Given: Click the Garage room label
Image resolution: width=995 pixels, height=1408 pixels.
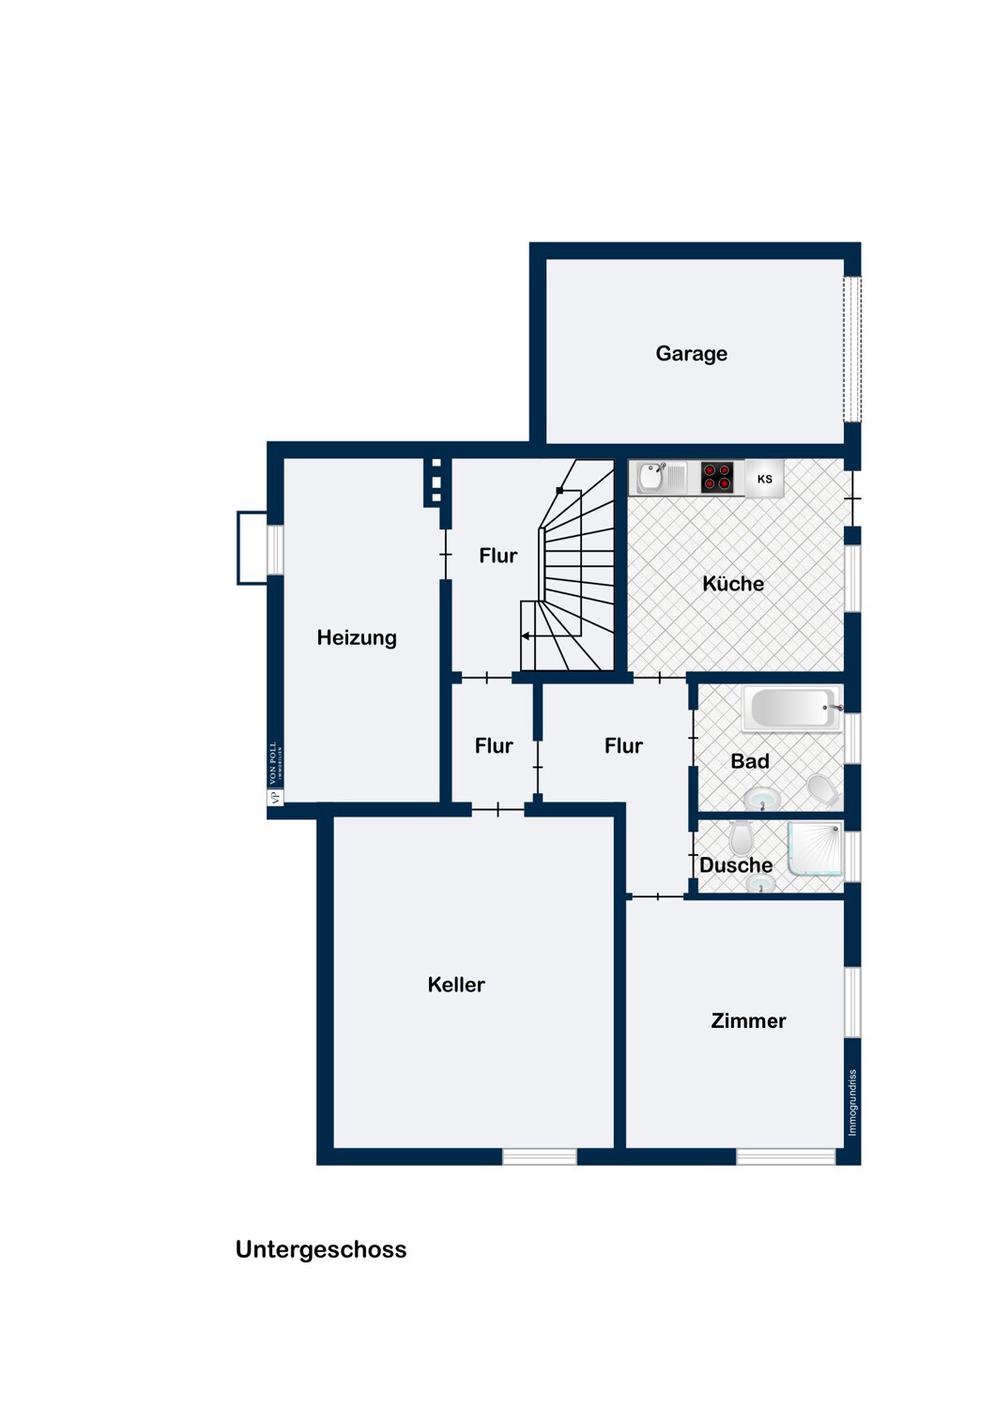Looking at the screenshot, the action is click(x=691, y=353).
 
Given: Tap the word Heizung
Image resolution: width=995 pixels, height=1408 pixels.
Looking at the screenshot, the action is click(x=357, y=638).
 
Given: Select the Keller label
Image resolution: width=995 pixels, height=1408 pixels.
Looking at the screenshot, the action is click(x=455, y=985).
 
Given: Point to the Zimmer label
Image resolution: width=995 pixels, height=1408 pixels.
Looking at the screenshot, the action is click(x=748, y=1021).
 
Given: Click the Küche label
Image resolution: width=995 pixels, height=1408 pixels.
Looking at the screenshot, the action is click(x=733, y=583).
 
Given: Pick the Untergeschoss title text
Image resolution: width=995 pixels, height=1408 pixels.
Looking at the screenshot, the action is click(x=321, y=1249).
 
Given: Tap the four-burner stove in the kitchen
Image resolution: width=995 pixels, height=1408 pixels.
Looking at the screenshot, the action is click(x=717, y=477).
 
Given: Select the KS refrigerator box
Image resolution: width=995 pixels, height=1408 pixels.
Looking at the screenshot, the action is click(x=764, y=479).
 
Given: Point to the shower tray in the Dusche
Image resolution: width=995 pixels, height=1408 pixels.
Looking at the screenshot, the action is click(x=815, y=848).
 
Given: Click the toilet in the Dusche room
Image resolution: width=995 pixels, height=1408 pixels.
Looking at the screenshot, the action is click(x=742, y=837).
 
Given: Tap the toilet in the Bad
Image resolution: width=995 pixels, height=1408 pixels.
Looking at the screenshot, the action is click(x=823, y=790).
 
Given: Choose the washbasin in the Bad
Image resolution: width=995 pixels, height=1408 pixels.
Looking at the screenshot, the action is click(x=762, y=799).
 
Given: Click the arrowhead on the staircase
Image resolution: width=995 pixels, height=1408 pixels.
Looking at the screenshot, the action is click(x=526, y=636).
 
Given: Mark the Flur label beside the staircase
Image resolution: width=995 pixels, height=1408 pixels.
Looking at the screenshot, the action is click(x=497, y=556).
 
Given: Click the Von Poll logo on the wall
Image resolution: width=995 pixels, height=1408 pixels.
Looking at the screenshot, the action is click(x=275, y=773).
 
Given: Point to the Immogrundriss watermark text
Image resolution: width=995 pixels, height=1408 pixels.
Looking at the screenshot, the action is click(x=852, y=1103).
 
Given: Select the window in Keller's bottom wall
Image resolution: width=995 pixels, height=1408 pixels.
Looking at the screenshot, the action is click(x=540, y=1156).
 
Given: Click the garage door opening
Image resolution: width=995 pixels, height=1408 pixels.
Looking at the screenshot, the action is click(x=852, y=349).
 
